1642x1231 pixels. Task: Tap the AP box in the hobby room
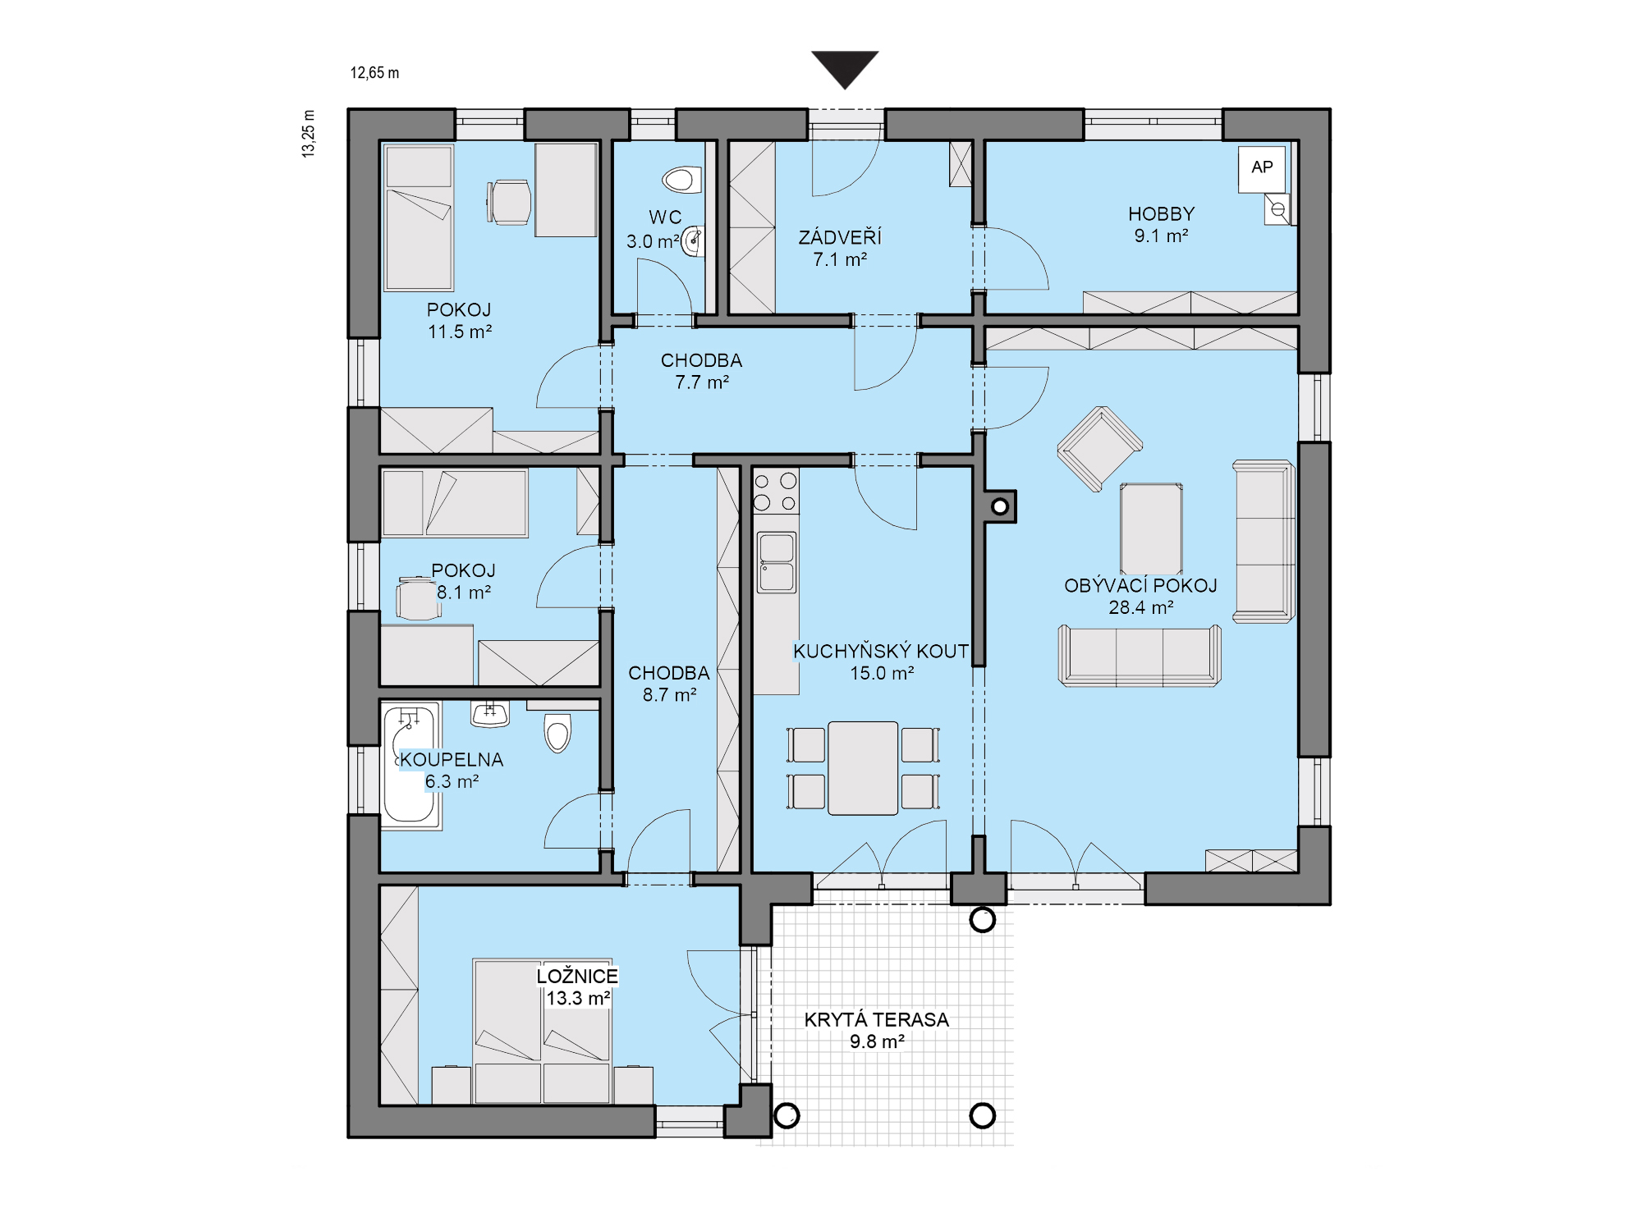pyautogui.click(x=1262, y=168)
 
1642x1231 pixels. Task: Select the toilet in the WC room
pyautogui.click(x=682, y=179)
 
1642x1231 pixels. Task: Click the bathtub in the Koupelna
pyautogui.click(x=410, y=765)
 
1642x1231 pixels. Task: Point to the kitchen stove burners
pyautogui.click(x=775, y=492)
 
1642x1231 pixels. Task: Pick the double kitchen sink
pyautogui.click(x=776, y=562)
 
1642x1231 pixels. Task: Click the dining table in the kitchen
pyautogui.click(x=863, y=768)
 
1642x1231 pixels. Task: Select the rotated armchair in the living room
pyautogui.click(x=1099, y=449)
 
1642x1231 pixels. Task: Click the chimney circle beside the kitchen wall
pyautogui.click(x=1000, y=506)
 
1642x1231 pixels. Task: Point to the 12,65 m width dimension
pyautogui.click(x=374, y=73)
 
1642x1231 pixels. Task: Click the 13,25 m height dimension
pyautogui.click(x=309, y=133)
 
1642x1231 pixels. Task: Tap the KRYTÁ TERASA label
pyautogui.click(x=876, y=1020)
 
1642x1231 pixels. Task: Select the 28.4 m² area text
pyautogui.click(x=1140, y=608)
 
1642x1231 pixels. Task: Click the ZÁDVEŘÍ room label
pyautogui.click(x=840, y=237)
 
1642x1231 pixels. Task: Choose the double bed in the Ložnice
pyautogui.click(x=542, y=1032)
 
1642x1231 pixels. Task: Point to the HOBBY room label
pyautogui.click(x=1161, y=214)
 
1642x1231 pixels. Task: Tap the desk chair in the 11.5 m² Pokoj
pyautogui.click(x=509, y=202)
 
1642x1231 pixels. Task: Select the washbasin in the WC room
pyautogui.click(x=693, y=241)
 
